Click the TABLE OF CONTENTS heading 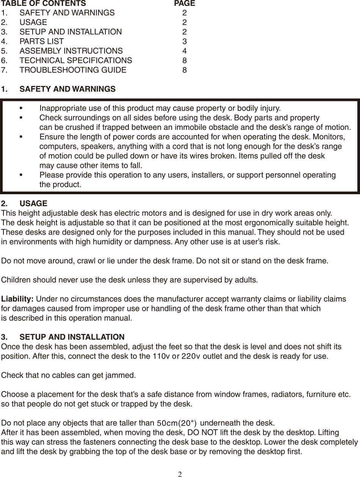point(44,4)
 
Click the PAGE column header point(185,4)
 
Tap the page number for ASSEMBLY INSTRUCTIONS point(185,51)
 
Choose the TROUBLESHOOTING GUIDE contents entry point(73,70)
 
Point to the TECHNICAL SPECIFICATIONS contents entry point(76,61)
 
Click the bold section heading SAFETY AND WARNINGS point(67,89)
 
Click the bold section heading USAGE point(33,204)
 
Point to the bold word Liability point(18,299)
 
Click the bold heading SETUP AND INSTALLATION point(72,337)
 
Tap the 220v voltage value point(191,357)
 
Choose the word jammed point(122,376)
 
